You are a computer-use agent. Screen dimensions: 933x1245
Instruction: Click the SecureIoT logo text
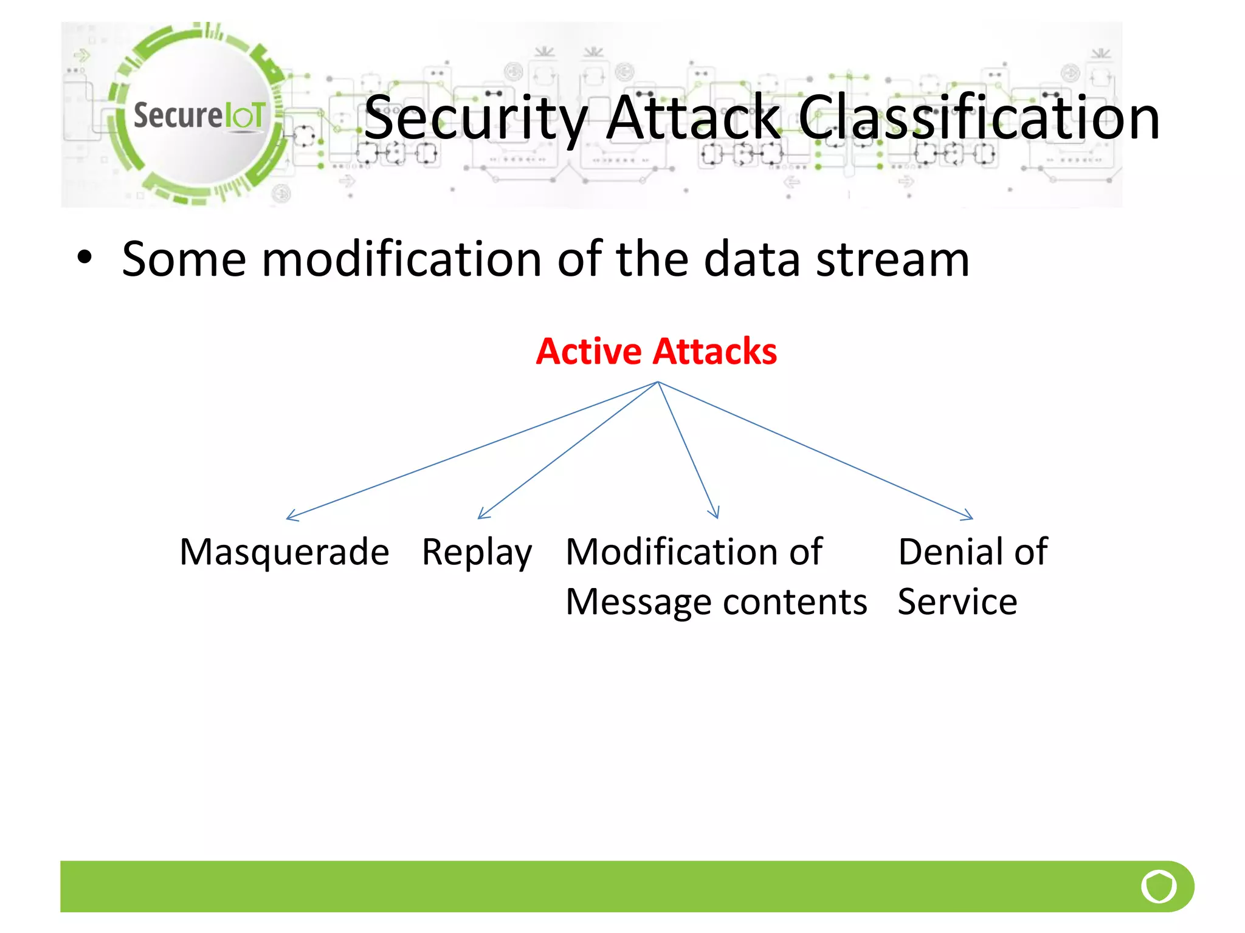coord(199,115)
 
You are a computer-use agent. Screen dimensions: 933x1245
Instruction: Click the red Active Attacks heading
coord(656,351)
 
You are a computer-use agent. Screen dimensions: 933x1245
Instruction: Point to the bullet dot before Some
coord(84,258)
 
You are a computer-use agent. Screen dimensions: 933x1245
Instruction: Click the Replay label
coord(477,553)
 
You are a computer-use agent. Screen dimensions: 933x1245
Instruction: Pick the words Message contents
coord(716,602)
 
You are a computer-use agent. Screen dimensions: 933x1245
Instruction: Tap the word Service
coord(957,602)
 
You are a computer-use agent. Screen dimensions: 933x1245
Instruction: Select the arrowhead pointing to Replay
coord(481,516)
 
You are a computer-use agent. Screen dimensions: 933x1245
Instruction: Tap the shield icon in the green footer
coord(1159,886)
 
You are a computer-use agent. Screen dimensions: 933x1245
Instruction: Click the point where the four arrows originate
coord(658,382)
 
